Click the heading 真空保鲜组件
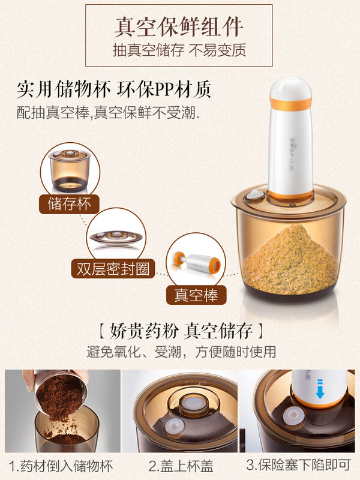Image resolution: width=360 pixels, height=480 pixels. click(179, 26)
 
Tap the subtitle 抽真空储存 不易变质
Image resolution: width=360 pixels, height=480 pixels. click(179, 50)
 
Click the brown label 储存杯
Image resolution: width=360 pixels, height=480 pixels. click(69, 204)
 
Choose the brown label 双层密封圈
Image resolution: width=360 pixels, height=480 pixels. click(113, 268)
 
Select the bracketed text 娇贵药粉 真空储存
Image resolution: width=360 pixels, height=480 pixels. click(179, 331)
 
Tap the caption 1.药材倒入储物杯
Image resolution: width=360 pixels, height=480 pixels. click(61, 466)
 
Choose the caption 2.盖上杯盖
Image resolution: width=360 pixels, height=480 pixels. click(180, 466)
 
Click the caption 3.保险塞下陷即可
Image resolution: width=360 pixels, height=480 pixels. click(298, 466)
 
